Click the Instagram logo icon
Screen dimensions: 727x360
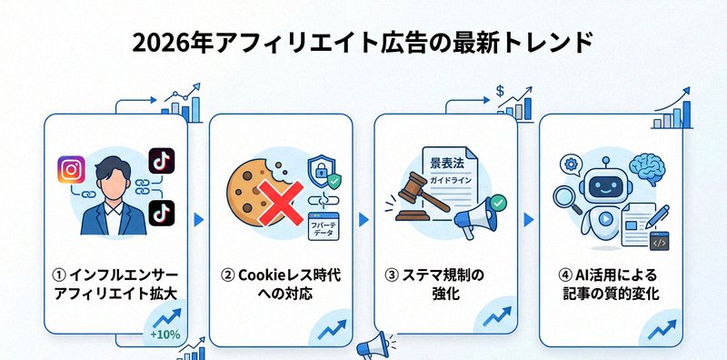[71, 169]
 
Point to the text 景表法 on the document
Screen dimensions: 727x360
[450, 164]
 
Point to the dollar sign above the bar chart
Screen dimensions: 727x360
[501, 91]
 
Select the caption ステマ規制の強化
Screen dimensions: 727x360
[445, 285]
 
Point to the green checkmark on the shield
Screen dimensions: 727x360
[334, 181]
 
